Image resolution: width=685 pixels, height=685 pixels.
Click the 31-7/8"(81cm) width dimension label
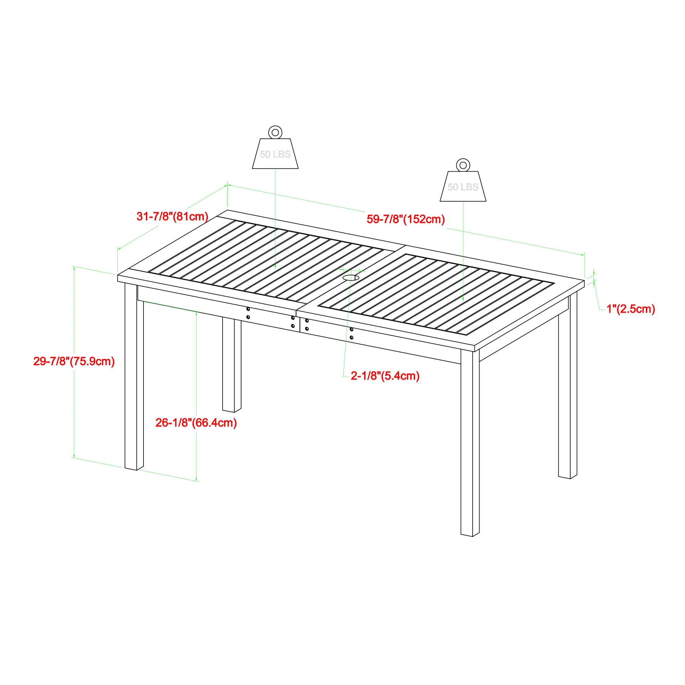pos(172,216)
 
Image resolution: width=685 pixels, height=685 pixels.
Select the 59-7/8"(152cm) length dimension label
pos(406,219)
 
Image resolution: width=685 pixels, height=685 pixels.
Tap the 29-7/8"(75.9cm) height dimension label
pos(74,361)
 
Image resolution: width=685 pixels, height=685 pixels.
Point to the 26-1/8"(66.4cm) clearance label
pos(196,423)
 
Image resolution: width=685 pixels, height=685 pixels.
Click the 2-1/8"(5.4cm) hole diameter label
pos(385,376)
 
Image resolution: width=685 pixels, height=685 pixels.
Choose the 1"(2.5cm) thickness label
pos(631,309)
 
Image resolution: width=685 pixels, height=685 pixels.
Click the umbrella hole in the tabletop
pos(351,277)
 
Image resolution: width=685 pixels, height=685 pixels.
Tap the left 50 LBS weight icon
pos(275,153)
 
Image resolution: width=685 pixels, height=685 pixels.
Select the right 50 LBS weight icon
pos(463,187)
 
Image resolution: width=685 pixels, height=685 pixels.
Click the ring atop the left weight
pos(275,133)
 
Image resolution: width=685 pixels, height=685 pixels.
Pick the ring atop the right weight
pos(463,165)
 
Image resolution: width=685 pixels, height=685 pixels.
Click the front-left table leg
pos(134,376)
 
